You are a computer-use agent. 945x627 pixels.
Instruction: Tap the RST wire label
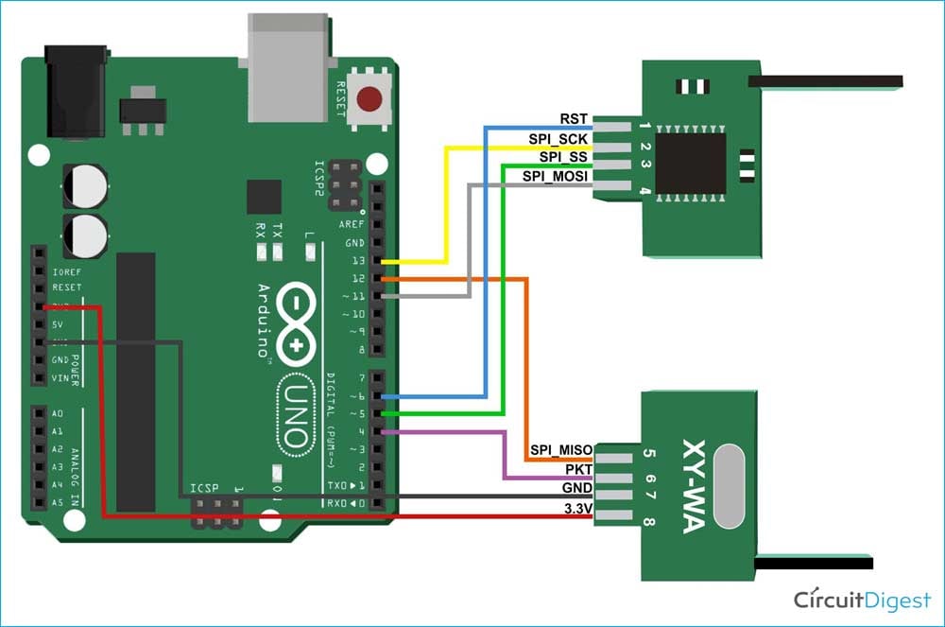pyautogui.click(x=574, y=120)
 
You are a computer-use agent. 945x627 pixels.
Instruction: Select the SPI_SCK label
pyautogui.click(x=558, y=139)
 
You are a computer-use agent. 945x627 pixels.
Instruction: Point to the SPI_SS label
pyautogui.click(x=563, y=157)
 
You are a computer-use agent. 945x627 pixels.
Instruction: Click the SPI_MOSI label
pyautogui.click(x=555, y=176)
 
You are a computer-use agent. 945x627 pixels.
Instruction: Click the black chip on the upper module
pyautogui.click(x=691, y=164)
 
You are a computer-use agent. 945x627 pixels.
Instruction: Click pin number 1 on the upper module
pyautogui.click(x=644, y=126)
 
